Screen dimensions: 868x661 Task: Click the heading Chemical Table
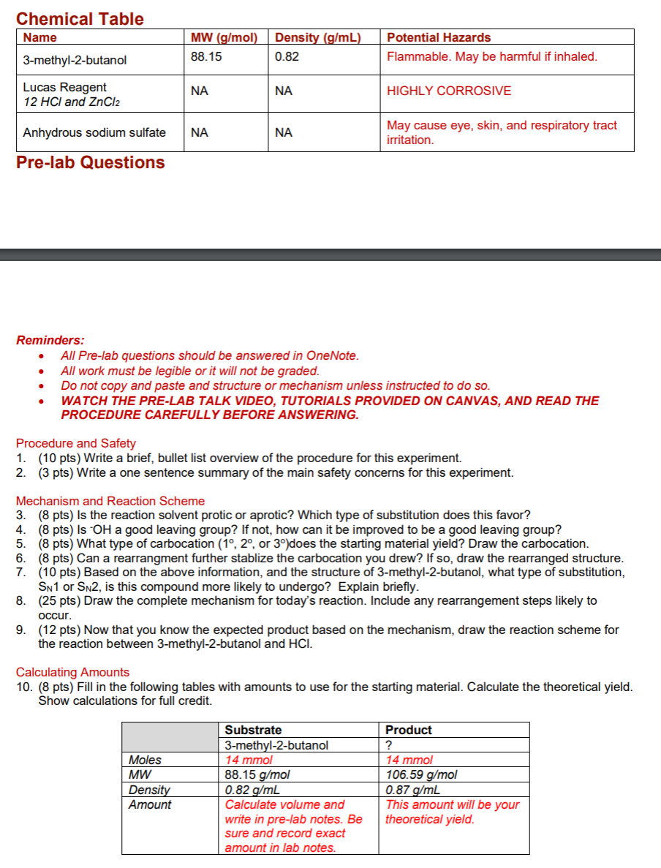pos(80,19)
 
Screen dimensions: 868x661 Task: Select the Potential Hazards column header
pos(439,37)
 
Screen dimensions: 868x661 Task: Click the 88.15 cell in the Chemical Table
pos(206,56)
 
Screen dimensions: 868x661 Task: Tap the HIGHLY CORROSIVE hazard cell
pos(449,91)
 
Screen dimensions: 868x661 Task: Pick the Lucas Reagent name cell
pos(65,87)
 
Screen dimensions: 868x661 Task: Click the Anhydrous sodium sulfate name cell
pos(94,132)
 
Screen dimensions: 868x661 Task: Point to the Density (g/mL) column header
pos(318,37)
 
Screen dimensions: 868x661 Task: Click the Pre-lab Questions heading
pos(91,162)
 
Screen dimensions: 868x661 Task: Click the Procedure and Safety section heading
pos(76,443)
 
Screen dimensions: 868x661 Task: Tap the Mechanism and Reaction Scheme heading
pos(110,501)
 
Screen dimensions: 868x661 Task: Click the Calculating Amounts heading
pos(72,672)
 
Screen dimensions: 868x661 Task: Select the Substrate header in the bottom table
pos(253,730)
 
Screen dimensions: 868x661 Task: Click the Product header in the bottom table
pos(409,730)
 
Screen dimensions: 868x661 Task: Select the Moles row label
pos(145,760)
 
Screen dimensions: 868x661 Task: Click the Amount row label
pos(149,804)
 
